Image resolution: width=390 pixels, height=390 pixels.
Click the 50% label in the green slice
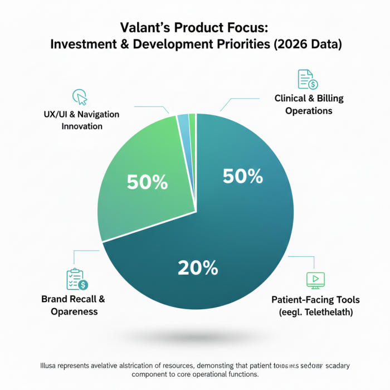(147, 182)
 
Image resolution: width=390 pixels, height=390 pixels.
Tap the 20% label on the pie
(197, 268)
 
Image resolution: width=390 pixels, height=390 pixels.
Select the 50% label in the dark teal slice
(242, 176)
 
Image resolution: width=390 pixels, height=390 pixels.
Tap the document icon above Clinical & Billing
(307, 79)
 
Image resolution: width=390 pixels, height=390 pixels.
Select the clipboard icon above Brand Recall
(76, 279)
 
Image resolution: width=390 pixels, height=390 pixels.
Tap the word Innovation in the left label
(82, 126)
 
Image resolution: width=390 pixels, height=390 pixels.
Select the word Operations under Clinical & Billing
(309, 110)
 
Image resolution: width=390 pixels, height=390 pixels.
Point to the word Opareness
(74, 311)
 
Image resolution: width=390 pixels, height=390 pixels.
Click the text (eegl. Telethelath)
(315, 312)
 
